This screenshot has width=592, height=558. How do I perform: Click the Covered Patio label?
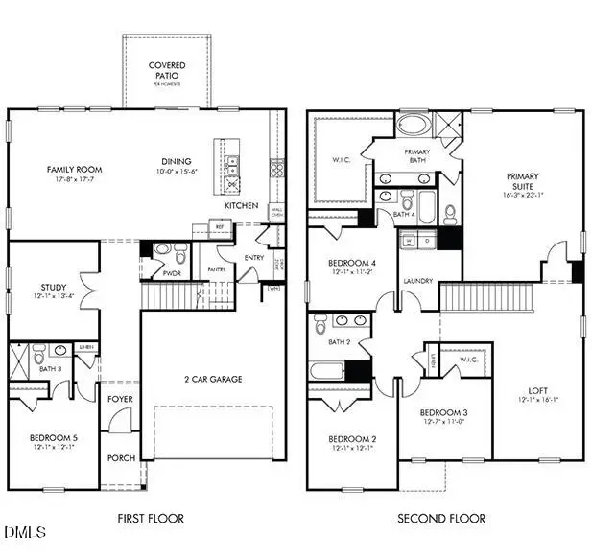[x=166, y=70]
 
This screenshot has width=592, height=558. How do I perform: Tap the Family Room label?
[x=75, y=170]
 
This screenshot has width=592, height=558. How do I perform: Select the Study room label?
[x=53, y=287]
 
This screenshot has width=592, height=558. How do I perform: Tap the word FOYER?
[x=120, y=399]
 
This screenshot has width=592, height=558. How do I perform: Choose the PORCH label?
[x=121, y=458]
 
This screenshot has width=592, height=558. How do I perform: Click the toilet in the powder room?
[x=162, y=253]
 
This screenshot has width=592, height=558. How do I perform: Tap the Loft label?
[x=538, y=391]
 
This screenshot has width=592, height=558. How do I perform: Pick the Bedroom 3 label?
[x=443, y=413]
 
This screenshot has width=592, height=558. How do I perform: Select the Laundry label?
[x=418, y=281]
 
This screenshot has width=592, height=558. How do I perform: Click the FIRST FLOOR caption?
[x=151, y=519]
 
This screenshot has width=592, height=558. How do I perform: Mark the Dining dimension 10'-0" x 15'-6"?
[x=177, y=172]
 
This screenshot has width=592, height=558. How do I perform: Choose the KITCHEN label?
[x=240, y=206]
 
